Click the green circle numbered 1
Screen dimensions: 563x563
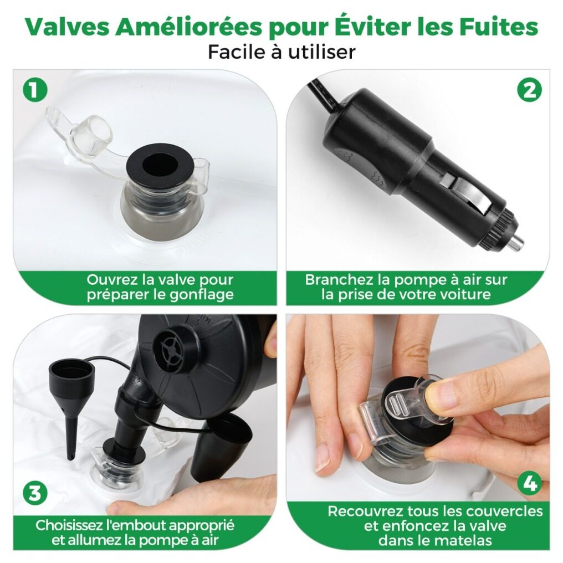[x=35, y=89]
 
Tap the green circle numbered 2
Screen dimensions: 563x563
[x=530, y=89]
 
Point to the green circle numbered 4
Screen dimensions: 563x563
[x=530, y=484]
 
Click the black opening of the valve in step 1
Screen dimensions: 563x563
[x=160, y=166]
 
